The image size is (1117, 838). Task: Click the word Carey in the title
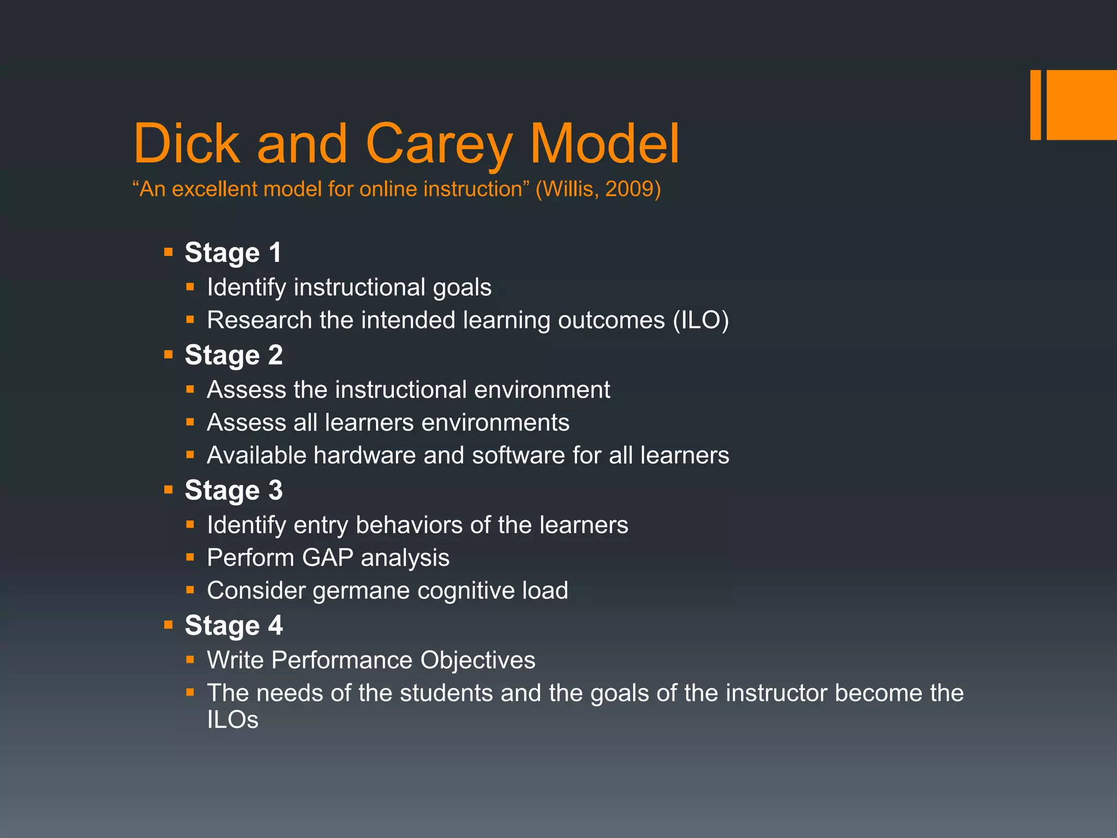pyautogui.click(x=439, y=143)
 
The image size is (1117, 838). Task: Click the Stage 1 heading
pyautogui.click(x=233, y=253)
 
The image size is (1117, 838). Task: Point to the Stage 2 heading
pyautogui.click(x=233, y=355)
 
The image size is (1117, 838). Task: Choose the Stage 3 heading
pyautogui.click(x=233, y=490)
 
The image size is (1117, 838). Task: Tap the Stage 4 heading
pyautogui.click(x=233, y=625)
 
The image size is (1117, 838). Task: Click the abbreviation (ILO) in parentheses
pyautogui.click(x=701, y=320)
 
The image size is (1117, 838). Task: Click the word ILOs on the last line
pyautogui.click(x=232, y=720)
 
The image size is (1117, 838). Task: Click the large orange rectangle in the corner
pyautogui.click(x=1082, y=105)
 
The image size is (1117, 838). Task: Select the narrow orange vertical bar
pyautogui.click(x=1035, y=105)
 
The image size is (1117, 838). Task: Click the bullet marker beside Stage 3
pyautogui.click(x=169, y=490)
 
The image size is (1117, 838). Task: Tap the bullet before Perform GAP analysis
pyautogui.click(x=190, y=558)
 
